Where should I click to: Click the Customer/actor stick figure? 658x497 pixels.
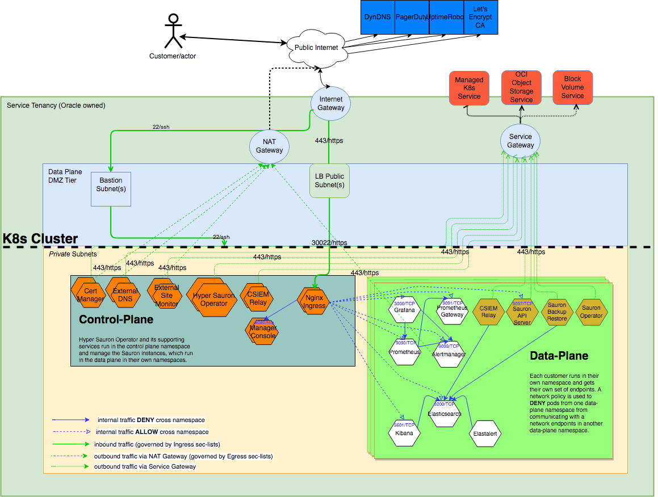pyautogui.click(x=172, y=32)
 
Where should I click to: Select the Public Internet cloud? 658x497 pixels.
pyautogui.click(x=316, y=48)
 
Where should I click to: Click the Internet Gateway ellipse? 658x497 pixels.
pyautogui.click(x=330, y=103)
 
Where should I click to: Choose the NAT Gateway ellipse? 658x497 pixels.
pyautogui.click(x=269, y=146)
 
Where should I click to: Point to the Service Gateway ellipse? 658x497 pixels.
pyautogui.click(x=520, y=141)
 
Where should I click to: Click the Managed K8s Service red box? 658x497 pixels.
pyautogui.click(x=469, y=88)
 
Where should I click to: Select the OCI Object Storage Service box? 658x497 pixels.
pyautogui.click(x=521, y=87)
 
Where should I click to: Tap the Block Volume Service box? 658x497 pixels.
pyautogui.click(x=572, y=87)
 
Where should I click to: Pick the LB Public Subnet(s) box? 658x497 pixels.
pyautogui.click(x=329, y=181)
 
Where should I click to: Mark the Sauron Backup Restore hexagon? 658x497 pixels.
pyautogui.click(x=556, y=311)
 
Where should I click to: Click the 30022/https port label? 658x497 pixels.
pyautogui.click(x=329, y=243)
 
